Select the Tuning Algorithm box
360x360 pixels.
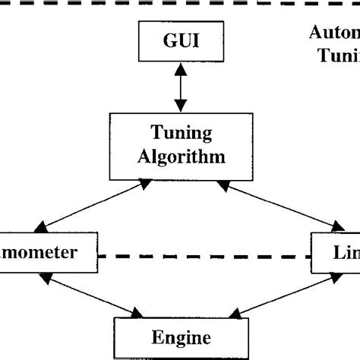pos(179,147)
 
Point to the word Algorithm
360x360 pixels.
pos(179,157)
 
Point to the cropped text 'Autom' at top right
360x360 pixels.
pos(334,33)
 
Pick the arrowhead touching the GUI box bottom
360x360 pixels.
pos(179,68)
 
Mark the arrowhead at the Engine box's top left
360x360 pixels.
pos(137,312)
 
